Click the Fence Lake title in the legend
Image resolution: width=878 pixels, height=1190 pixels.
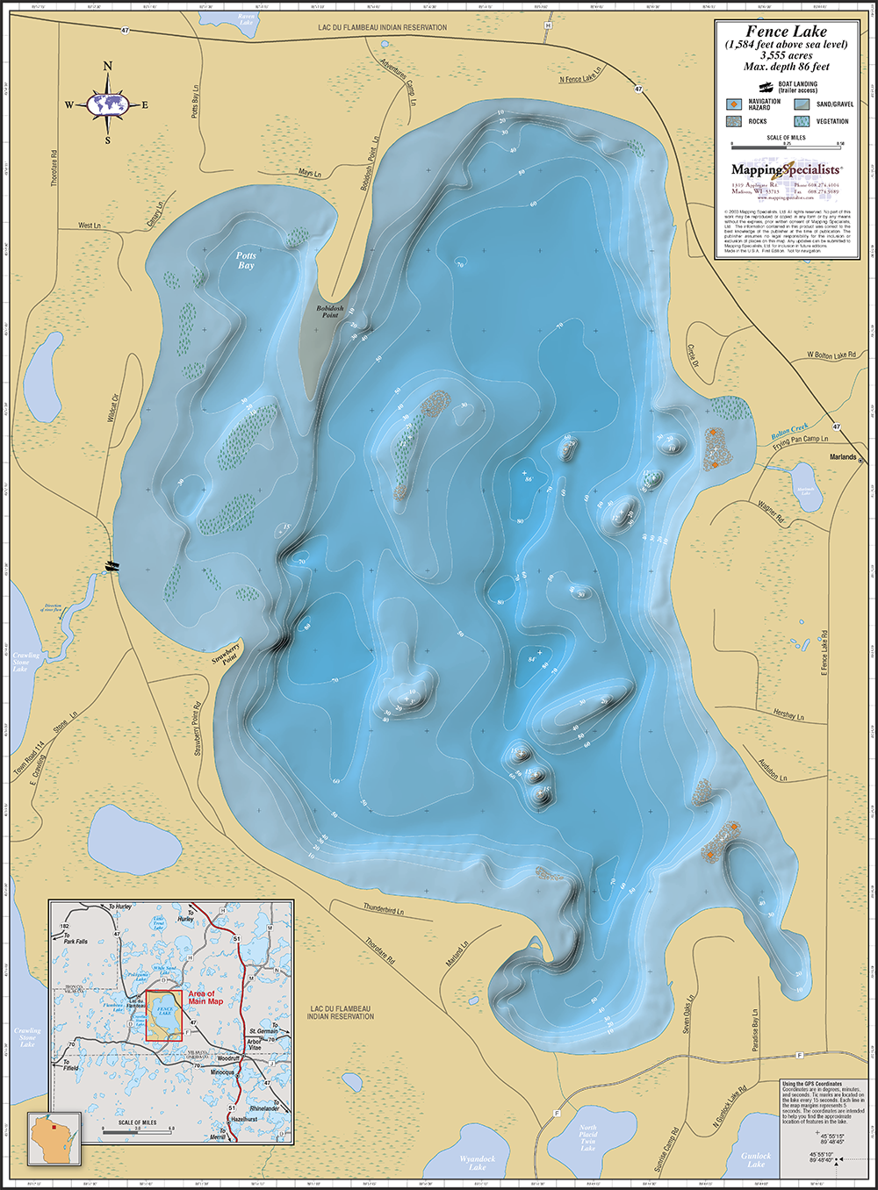click(x=786, y=32)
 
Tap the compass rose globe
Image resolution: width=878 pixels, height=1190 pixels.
click(x=108, y=104)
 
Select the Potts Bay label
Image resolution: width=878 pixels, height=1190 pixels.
click(x=246, y=261)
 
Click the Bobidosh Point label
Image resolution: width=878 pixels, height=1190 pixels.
click(x=330, y=312)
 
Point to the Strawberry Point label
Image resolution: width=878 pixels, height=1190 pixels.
click(x=226, y=656)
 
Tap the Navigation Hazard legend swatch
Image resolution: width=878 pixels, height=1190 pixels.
click(x=733, y=104)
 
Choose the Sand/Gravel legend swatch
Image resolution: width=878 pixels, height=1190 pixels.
click(x=802, y=104)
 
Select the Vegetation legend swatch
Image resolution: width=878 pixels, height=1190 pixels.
click(x=802, y=122)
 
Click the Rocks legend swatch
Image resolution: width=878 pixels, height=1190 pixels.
click(x=733, y=122)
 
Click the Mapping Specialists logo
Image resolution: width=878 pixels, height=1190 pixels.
click(x=786, y=169)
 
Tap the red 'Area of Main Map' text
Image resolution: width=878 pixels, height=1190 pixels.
click(x=205, y=998)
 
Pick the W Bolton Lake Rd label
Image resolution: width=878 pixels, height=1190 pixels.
click(x=831, y=355)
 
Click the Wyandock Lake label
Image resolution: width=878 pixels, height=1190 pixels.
click(x=477, y=1163)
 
